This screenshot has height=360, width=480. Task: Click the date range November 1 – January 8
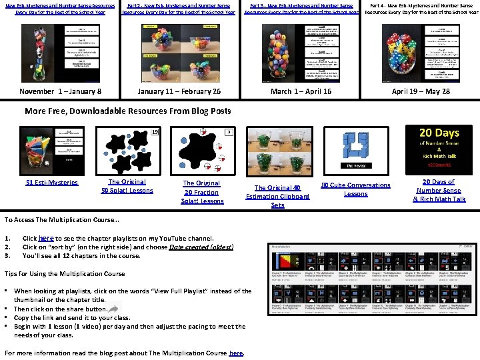point(61,91)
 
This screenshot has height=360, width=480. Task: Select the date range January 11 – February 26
point(179,91)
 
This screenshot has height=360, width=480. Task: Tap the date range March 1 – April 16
point(301,91)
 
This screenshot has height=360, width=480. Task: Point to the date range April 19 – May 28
point(421,91)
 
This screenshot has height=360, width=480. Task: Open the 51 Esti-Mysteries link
point(56,183)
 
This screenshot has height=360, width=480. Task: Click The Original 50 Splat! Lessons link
point(127,186)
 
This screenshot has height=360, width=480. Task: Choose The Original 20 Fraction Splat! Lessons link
point(203,192)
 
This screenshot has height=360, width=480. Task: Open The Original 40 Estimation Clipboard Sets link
point(277,197)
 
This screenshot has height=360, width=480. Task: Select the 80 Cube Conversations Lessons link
point(355,189)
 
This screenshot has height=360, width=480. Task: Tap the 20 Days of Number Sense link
point(439,190)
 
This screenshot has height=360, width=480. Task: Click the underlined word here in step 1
point(46,237)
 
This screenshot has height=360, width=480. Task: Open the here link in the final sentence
point(235,353)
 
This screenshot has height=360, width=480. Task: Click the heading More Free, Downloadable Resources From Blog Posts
point(127,111)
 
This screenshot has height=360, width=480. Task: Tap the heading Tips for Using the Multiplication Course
point(65,273)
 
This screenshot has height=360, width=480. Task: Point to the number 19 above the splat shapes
point(155,131)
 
